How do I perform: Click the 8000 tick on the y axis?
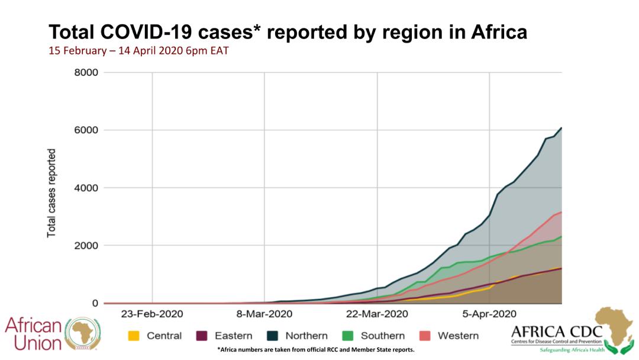point(86,73)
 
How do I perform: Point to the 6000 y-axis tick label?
point(86,130)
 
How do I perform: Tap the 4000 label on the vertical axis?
point(86,188)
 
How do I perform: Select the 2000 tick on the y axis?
point(86,246)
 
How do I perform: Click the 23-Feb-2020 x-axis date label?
point(152,314)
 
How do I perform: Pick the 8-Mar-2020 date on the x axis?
point(264,314)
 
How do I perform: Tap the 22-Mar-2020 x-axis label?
point(377,314)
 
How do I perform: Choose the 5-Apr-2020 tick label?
point(489,314)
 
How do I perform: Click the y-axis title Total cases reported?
point(51,193)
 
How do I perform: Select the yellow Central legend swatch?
point(134,336)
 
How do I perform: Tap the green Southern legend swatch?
point(348,336)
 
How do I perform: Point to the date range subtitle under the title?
point(138,51)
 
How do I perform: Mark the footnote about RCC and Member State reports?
point(316,350)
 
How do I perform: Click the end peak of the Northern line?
point(561,128)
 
